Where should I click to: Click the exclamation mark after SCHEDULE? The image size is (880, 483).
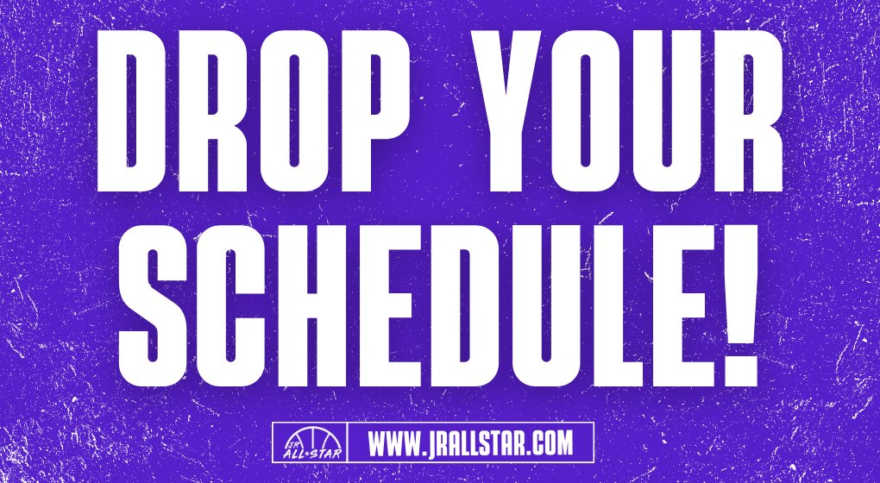[732, 306]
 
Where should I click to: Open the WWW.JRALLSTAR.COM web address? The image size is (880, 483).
[470, 443]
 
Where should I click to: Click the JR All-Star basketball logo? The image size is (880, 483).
[310, 443]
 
